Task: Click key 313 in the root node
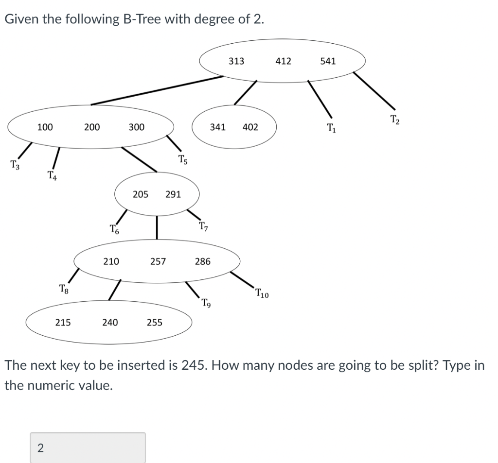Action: click(x=236, y=61)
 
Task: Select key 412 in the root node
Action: click(x=283, y=61)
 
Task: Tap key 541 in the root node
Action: click(x=328, y=61)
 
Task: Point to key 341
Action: click(x=217, y=127)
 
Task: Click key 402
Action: click(x=250, y=127)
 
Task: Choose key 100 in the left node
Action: click(x=45, y=127)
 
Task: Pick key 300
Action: click(x=136, y=127)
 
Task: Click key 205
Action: click(x=141, y=194)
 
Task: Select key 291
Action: click(x=173, y=194)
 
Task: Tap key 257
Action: click(x=158, y=261)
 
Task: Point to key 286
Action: click(x=202, y=261)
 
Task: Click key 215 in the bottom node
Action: click(x=62, y=322)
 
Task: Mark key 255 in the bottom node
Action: click(x=155, y=322)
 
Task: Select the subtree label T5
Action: click(x=182, y=159)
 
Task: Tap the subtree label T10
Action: click(x=261, y=293)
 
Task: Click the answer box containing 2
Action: click(x=88, y=447)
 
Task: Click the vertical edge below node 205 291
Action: click(x=157, y=227)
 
